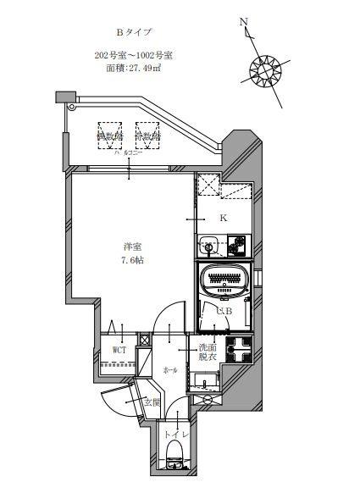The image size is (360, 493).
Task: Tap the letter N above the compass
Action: (x=244, y=23)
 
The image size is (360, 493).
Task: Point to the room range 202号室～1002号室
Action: (x=134, y=57)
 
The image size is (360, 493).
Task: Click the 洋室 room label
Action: (x=131, y=246)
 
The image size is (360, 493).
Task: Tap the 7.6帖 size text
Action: (x=131, y=260)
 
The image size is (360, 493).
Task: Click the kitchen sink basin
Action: (x=208, y=246)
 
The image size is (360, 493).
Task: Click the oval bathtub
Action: (x=224, y=278)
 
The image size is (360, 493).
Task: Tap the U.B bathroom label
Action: (x=224, y=314)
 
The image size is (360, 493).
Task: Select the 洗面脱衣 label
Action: (x=208, y=352)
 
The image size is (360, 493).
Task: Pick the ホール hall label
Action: (x=169, y=370)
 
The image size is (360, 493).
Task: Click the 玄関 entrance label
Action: (x=152, y=402)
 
